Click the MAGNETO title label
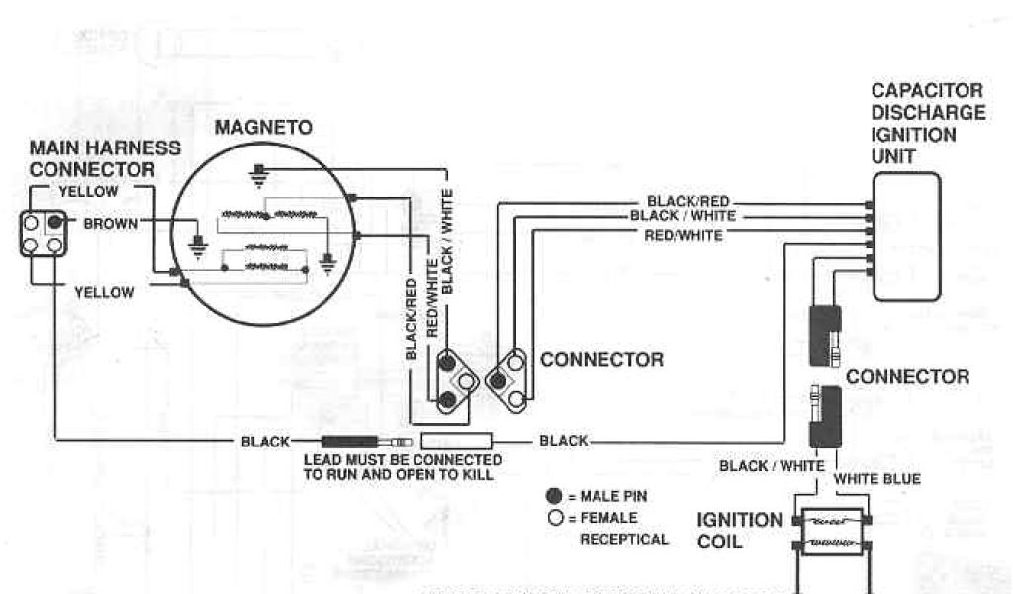point(264,128)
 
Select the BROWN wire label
point(110,223)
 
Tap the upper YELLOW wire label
point(88,191)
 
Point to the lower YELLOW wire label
point(105,292)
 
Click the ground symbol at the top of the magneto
point(259,176)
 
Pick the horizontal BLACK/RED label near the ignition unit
point(689,201)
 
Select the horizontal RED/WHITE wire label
point(684,235)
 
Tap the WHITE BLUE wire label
point(877,479)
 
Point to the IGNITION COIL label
point(738,530)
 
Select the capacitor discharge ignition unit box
point(906,236)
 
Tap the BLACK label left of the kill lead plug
point(266,442)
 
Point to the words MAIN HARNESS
point(105,148)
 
